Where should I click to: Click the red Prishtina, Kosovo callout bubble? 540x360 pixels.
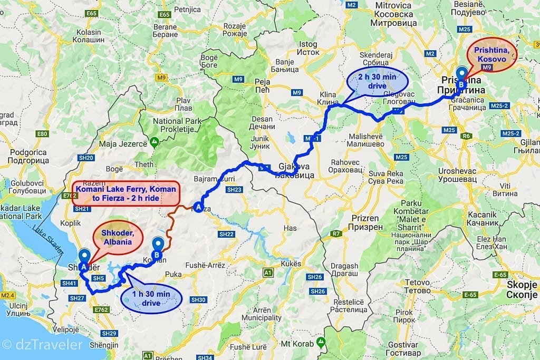pos(492,55)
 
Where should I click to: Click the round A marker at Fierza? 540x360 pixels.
pos(198,207)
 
